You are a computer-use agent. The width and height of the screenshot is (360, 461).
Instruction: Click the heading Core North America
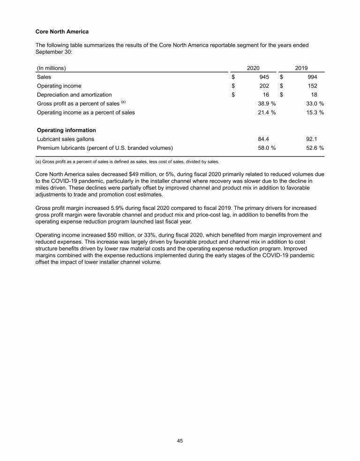pyautogui.click(x=62, y=32)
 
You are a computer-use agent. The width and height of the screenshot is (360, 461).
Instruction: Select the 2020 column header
pyautogui.click(x=253, y=67)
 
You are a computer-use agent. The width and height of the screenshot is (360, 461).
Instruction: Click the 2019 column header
pyautogui.click(x=301, y=67)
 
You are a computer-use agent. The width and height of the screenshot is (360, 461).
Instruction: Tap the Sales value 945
pyautogui.click(x=264, y=76)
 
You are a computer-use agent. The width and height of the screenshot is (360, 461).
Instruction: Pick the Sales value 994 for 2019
pyautogui.click(x=311, y=76)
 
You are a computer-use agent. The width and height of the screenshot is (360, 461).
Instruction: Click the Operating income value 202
pyautogui.click(x=264, y=86)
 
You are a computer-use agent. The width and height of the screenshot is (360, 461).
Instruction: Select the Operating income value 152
pyautogui.click(x=311, y=86)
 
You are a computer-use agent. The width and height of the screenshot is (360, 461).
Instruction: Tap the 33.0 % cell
pyautogui.click(x=312, y=104)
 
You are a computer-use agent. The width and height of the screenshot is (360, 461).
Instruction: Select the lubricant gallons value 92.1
pyautogui.click(x=311, y=139)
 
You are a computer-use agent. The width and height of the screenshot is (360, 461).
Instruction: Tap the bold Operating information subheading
pyautogui.click(x=66, y=130)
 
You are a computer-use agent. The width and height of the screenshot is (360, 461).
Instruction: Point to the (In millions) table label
pyautogui.click(x=51, y=67)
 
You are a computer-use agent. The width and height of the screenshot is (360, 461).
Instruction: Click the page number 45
pyautogui.click(x=180, y=440)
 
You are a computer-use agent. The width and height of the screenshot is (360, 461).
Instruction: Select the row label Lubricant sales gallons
pyautogui.click(x=65, y=139)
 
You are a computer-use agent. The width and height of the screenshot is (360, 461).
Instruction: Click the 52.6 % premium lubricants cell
pyautogui.click(x=312, y=148)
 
